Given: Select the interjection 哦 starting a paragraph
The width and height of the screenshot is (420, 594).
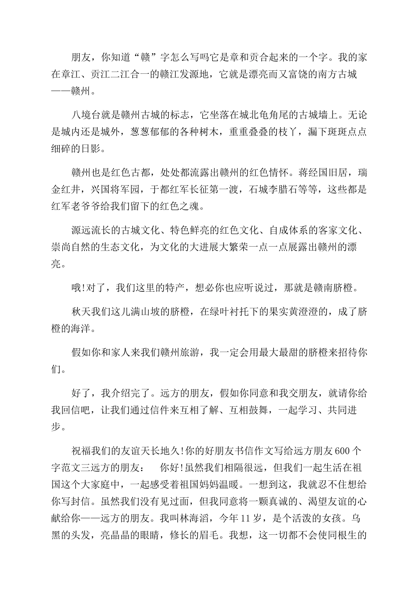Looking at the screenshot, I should coord(76,288).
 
